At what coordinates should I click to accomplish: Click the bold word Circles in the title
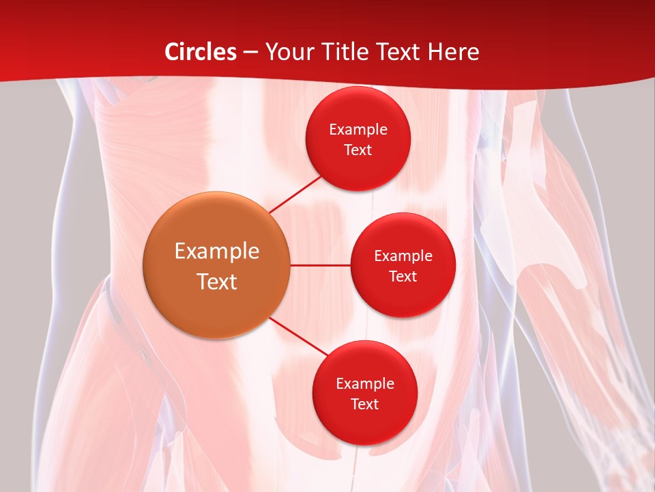click(x=200, y=52)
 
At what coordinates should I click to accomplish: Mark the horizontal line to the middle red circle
click(x=320, y=265)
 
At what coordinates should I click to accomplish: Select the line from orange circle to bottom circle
click(x=299, y=337)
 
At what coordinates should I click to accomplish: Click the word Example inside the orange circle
click(x=216, y=251)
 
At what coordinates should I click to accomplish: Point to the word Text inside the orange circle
click(x=216, y=282)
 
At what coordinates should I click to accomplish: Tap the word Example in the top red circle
click(x=358, y=130)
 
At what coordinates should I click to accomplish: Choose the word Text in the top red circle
click(x=358, y=150)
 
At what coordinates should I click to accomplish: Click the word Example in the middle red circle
click(x=403, y=256)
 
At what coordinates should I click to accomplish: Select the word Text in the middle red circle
click(x=403, y=277)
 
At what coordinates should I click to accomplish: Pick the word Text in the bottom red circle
click(x=364, y=405)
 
